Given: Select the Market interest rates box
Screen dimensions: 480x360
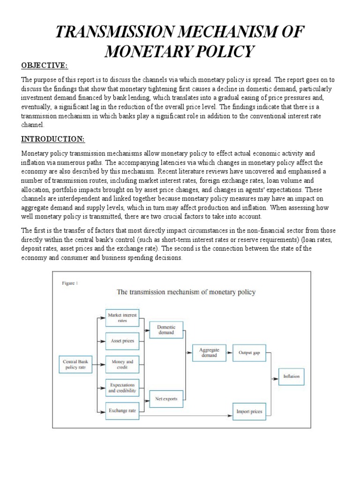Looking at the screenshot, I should [x=122, y=318].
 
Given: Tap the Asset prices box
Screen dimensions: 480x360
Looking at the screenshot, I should [x=122, y=341].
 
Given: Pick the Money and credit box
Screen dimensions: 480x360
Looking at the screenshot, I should [x=122, y=364].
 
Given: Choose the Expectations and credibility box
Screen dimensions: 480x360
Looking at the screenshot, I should [x=122, y=387].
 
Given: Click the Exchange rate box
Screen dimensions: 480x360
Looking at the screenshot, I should [x=122, y=410].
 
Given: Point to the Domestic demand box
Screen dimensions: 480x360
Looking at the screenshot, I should [x=165, y=330].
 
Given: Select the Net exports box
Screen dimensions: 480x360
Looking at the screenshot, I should [x=165, y=399].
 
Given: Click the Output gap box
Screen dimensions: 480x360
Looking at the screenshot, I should [x=249, y=352].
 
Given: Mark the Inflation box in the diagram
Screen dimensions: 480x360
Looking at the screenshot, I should [x=291, y=376].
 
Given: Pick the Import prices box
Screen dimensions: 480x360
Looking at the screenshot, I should [x=249, y=412].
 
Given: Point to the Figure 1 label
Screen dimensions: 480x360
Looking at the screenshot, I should [x=70, y=283].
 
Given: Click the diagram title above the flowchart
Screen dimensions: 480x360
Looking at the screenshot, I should [x=186, y=292].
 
